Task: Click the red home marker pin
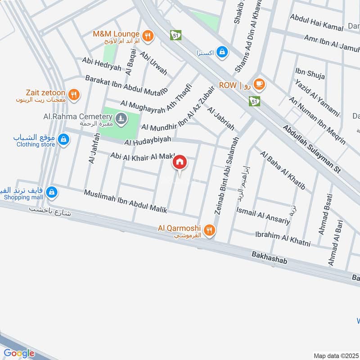tap(180, 162)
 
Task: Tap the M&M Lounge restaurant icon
tap(147, 35)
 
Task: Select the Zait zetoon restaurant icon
tap(75, 95)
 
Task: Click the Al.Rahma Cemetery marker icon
tap(120, 118)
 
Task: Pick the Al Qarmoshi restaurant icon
tap(209, 231)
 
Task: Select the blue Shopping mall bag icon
tap(52, 192)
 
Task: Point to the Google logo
tap(19, 353)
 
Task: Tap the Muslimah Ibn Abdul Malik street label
tap(126, 201)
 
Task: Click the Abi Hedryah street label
tap(101, 66)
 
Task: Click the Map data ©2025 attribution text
tap(335, 355)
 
